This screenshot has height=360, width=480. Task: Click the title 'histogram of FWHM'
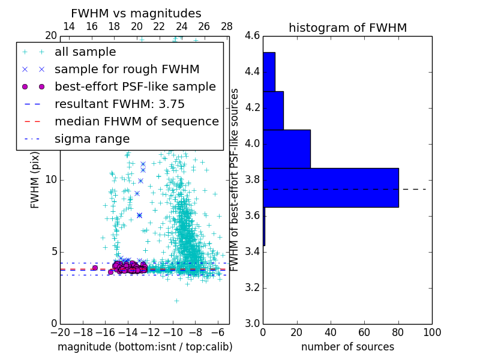[347, 28]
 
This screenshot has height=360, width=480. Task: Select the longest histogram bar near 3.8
[331, 188]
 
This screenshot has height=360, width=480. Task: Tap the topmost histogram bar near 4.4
[269, 71]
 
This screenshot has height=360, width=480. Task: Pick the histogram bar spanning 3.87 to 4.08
[286, 149]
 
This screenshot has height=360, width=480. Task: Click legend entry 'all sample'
[85, 52]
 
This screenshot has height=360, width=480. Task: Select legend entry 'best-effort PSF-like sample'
[135, 86]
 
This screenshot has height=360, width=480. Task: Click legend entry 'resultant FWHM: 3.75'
[119, 104]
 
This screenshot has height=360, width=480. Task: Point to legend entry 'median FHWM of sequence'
[136, 121]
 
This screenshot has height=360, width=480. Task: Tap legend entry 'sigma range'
[92, 139]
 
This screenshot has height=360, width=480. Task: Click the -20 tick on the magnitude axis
[60, 332]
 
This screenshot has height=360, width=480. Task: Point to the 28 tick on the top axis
[227, 26]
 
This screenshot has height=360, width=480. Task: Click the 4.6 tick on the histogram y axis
[252, 36]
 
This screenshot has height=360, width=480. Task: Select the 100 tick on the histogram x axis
[431, 332]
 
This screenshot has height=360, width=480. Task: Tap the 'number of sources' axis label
[347, 347]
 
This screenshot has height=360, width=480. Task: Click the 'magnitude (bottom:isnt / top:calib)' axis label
[145, 347]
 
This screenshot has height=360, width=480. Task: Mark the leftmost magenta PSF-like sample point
[95, 268]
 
